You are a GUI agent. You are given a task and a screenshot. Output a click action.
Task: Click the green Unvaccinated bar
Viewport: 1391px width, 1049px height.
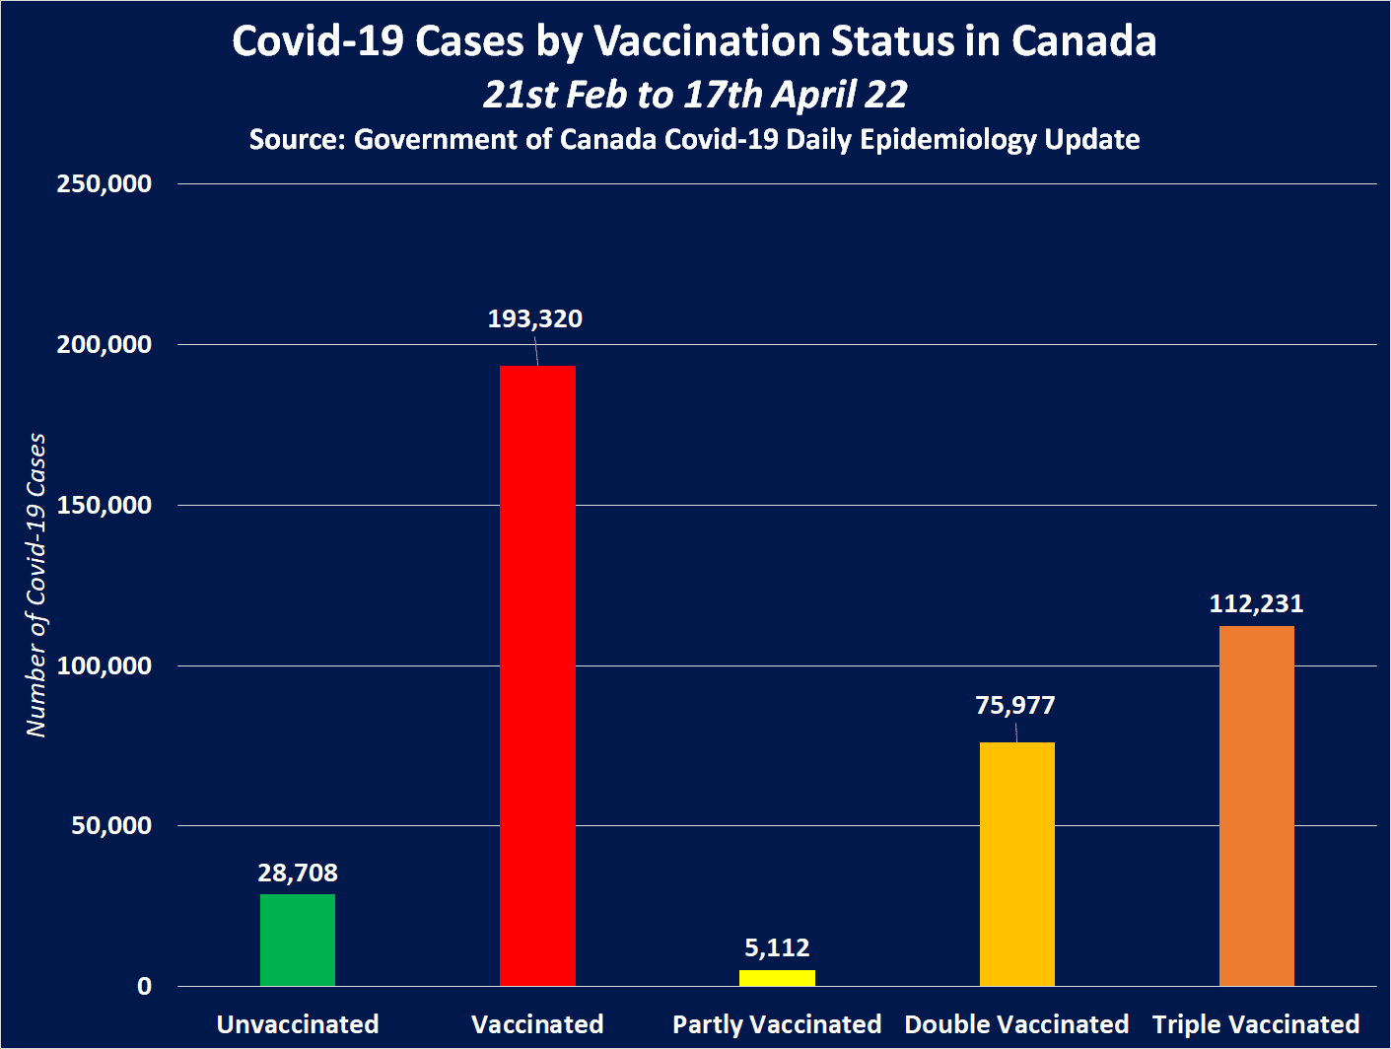coord(298,940)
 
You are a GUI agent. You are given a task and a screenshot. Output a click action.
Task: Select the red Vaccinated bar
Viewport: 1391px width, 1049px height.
coord(537,675)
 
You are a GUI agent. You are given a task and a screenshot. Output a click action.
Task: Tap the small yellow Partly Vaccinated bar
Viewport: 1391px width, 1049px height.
coord(777,978)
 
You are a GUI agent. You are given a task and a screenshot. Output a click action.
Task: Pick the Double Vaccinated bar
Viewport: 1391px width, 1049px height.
coord(1016,864)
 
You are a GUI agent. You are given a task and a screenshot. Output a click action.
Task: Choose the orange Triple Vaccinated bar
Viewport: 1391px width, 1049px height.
coord(1256,805)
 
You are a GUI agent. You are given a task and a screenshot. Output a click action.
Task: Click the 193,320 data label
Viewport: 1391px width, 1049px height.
coord(535,319)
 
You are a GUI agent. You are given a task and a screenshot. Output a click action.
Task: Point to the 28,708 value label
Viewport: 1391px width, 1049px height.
coord(298,874)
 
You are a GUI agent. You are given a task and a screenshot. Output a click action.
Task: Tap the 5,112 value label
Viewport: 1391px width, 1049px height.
coord(777,948)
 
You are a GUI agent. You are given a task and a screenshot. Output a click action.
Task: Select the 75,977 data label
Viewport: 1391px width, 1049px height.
coord(1015,706)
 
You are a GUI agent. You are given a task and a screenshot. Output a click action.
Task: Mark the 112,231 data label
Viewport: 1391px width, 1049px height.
coord(1256,603)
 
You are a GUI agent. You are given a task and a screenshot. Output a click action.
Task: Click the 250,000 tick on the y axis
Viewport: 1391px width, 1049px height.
coord(104,184)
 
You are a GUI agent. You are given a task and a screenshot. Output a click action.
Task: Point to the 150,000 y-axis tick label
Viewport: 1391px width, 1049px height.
coord(104,506)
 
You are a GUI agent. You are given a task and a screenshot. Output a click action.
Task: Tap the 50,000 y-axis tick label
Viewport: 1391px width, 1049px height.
coord(111,826)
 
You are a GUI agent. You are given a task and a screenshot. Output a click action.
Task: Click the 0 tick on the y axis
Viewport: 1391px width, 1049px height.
coord(145,987)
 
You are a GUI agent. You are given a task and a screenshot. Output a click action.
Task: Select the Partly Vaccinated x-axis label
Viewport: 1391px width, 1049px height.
coord(777,1025)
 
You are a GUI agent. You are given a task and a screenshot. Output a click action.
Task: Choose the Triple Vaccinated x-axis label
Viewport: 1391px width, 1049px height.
coord(1256,1025)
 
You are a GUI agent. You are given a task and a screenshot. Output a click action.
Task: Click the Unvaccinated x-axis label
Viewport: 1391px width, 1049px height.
coord(298,1025)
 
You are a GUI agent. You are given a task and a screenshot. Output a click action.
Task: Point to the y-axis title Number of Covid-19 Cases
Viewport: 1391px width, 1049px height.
coord(36,585)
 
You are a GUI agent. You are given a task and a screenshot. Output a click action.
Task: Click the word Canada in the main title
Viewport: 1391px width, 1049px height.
coord(1083,41)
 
